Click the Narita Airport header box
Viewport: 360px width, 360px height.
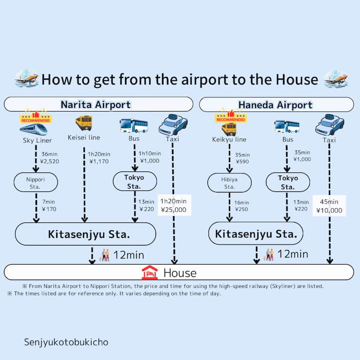pos(98,104)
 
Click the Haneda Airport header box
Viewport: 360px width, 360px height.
pos(276,104)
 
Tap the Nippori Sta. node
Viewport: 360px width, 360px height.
pos(36,182)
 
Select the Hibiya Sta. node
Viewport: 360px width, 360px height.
pos(229,183)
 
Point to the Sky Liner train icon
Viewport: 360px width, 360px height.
pos(33,129)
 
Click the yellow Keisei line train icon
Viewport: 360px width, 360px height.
pos(84,123)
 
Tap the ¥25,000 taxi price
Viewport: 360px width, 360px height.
pos(173,209)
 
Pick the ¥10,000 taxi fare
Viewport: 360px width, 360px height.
pos(329,210)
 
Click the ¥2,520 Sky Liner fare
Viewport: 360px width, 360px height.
pos(49,161)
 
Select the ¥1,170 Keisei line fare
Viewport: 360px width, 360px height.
pos(99,161)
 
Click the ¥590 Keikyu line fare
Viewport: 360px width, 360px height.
pos(242,161)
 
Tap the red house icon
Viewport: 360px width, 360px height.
pos(149,272)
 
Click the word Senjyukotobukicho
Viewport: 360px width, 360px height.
pos(66,342)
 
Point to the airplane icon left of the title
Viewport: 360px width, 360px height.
pos(26,78)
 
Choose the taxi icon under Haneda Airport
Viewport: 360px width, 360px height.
pos(329,124)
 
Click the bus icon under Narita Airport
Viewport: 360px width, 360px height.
pos(134,126)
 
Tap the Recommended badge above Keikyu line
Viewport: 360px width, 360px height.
pos(230,117)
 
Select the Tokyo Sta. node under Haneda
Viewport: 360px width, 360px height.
pos(288,182)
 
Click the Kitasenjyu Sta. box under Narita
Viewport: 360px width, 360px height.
pos(85,234)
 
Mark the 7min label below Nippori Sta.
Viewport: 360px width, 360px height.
pos(48,202)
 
